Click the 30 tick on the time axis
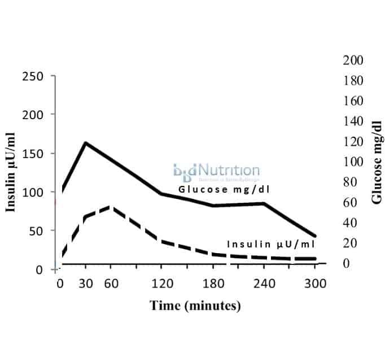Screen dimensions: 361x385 coord(85,284)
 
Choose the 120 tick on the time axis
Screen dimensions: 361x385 coord(161,284)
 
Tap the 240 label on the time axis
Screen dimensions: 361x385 coord(264,284)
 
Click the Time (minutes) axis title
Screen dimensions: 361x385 coord(195,306)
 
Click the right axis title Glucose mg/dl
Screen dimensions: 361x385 coord(377,162)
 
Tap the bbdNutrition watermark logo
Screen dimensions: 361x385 coord(216,171)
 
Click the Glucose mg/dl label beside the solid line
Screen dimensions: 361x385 coord(223,189)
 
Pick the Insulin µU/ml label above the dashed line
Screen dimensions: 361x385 coord(270,244)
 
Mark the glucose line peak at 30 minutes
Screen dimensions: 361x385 coord(85,142)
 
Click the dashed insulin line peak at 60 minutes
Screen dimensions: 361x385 coord(111,207)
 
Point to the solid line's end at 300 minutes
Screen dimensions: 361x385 coord(315,236)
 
